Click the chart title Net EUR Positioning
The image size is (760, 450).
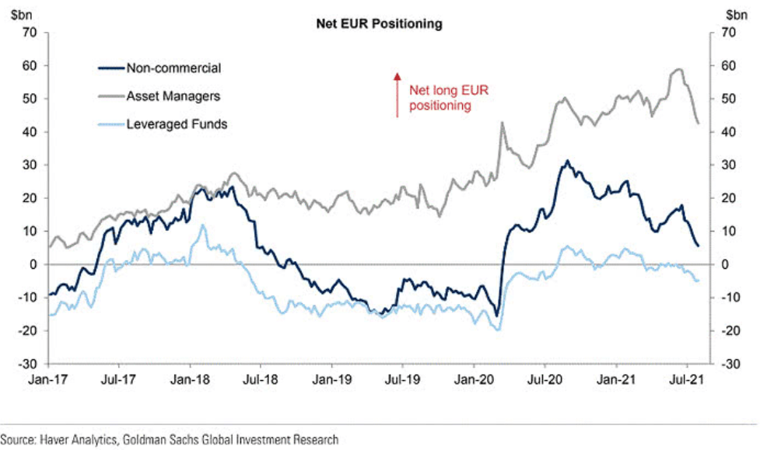[x=379, y=24]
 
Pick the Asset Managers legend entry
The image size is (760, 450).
[x=173, y=96]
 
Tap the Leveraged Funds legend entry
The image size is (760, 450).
[x=176, y=124]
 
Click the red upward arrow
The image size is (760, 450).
[x=398, y=94]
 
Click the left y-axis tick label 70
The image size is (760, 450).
[x=30, y=33]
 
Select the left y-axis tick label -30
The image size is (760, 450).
[x=28, y=364]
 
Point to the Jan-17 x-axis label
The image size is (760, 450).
[x=46, y=382]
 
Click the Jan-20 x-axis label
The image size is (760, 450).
[x=474, y=382]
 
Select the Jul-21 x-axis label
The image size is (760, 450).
[x=687, y=382]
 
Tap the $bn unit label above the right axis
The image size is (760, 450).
[x=735, y=14]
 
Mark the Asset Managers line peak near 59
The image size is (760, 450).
[x=678, y=69]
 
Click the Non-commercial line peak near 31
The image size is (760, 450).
[x=567, y=162]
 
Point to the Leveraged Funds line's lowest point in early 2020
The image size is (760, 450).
[x=498, y=330]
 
